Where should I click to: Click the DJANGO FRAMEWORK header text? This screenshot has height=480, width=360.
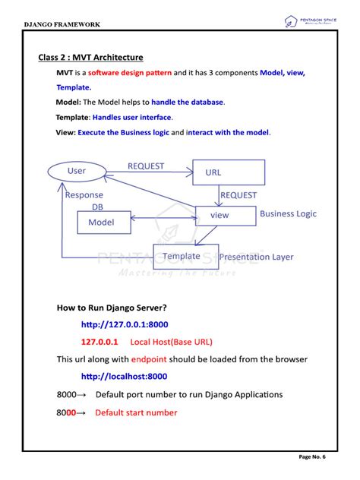62,24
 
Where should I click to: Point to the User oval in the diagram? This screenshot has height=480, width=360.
77,171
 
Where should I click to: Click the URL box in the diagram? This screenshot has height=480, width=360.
228,172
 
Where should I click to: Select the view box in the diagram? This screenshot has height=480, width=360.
220,215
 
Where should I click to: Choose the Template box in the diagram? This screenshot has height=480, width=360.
182,257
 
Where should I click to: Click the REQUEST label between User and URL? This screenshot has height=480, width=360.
147,166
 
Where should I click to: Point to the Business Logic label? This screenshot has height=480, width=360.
287,214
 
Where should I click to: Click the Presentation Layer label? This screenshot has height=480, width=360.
256,257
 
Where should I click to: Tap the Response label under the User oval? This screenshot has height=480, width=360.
84,195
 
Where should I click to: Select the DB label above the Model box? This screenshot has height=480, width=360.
97,207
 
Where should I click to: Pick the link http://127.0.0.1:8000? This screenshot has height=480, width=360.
125,325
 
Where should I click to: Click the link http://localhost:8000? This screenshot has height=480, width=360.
125,376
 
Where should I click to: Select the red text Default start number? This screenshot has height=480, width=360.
136,412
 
